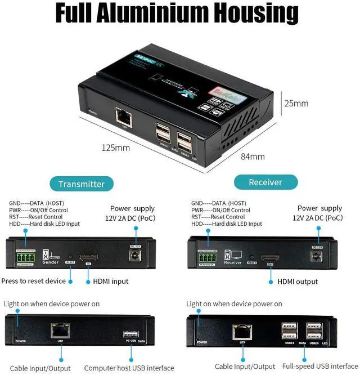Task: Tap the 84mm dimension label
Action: point(253,157)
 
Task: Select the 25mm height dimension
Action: point(296,104)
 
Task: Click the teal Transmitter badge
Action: point(82,184)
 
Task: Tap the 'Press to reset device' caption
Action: point(33,281)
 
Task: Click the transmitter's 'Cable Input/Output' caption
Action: point(41,368)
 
